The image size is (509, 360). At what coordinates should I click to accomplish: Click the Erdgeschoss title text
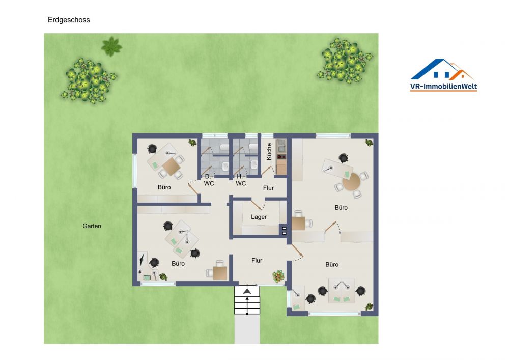(x=69, y=20)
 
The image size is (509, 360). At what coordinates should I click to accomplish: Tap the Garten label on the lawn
(x=92, y=226)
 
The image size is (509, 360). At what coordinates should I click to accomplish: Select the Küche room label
(x=269, y=151)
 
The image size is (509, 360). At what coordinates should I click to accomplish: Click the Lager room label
(x=259, y=217)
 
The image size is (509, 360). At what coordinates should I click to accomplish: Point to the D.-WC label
(x=209, y=180)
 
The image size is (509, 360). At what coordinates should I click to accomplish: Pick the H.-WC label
(x=241, y=180)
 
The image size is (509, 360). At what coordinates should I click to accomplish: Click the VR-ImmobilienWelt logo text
(x=443, y=87)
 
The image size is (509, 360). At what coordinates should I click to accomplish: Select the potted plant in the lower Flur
(x=278, y=276)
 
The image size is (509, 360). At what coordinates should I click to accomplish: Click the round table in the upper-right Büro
(x=352, y=182)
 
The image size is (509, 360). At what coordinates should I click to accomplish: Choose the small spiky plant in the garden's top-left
(x=111, y=46)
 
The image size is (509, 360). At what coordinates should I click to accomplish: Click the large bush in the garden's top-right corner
(x=345, y=61)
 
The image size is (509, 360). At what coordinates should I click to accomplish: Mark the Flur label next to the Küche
(x=268, y=188)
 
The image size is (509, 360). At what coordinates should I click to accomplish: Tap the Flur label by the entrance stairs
(x=257, y=261)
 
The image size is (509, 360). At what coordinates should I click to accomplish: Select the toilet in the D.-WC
(x=224, y=147)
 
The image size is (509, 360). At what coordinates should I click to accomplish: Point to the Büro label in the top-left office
(x=164, y=187)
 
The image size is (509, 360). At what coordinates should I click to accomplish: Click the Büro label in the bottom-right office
(x=332, y=265)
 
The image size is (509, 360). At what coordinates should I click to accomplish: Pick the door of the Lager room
(x=256, y=205)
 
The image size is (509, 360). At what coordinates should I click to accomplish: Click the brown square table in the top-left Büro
(x=171, y=166)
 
